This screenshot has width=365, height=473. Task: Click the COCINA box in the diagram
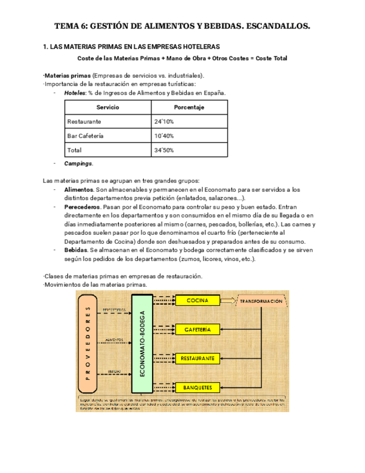(x=197, y=301)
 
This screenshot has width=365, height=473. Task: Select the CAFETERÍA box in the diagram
(x=198, y=330)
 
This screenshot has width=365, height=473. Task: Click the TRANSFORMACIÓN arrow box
(x=261, y=301)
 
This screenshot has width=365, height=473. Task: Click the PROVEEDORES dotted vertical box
(x=86, y=344)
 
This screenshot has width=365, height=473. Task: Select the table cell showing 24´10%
(x=164, y=122)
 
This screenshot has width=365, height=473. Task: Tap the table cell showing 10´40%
(x=164, y=136)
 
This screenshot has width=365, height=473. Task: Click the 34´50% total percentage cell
(x=164, y=151)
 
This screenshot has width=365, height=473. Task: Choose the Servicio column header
(x=108, y=107)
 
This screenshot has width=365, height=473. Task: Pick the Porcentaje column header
(x=189, y=107)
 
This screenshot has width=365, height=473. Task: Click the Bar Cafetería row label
(x=85, y=136)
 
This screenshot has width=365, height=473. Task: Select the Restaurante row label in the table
(x=84, y=122)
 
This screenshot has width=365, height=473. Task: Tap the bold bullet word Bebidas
(x=76, y=250)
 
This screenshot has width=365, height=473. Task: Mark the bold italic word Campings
(x=78, y=164)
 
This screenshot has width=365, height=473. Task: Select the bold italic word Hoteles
(x=75, y=93)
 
